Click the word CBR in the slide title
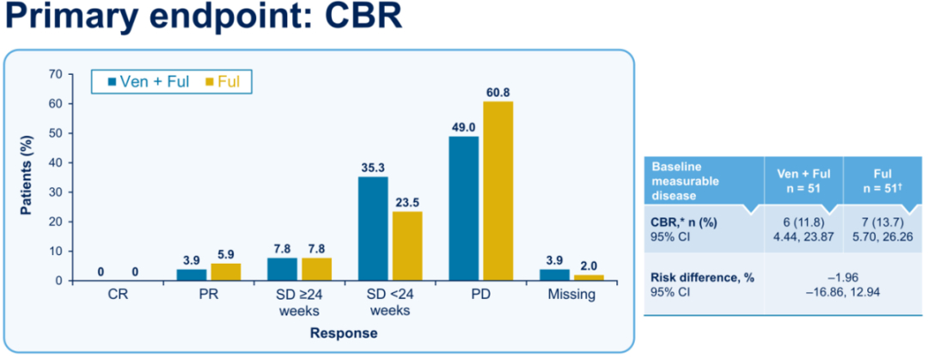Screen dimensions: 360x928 (x=357, y=17)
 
